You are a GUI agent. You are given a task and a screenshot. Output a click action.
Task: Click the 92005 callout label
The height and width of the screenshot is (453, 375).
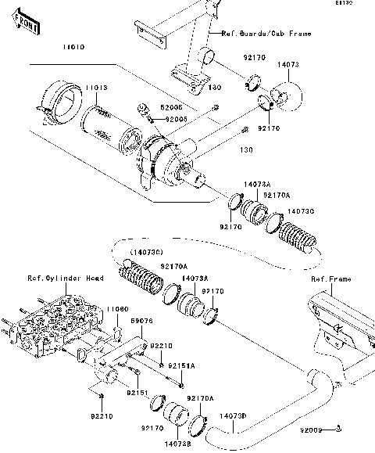(x=176, y=118)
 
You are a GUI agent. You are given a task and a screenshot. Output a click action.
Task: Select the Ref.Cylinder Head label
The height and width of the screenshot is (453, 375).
(x=55, y=278)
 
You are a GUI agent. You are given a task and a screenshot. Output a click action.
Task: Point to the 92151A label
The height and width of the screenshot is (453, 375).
(x=183, y=365)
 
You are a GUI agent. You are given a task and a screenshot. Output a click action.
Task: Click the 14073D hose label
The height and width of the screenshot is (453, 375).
(x=232, y=416)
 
